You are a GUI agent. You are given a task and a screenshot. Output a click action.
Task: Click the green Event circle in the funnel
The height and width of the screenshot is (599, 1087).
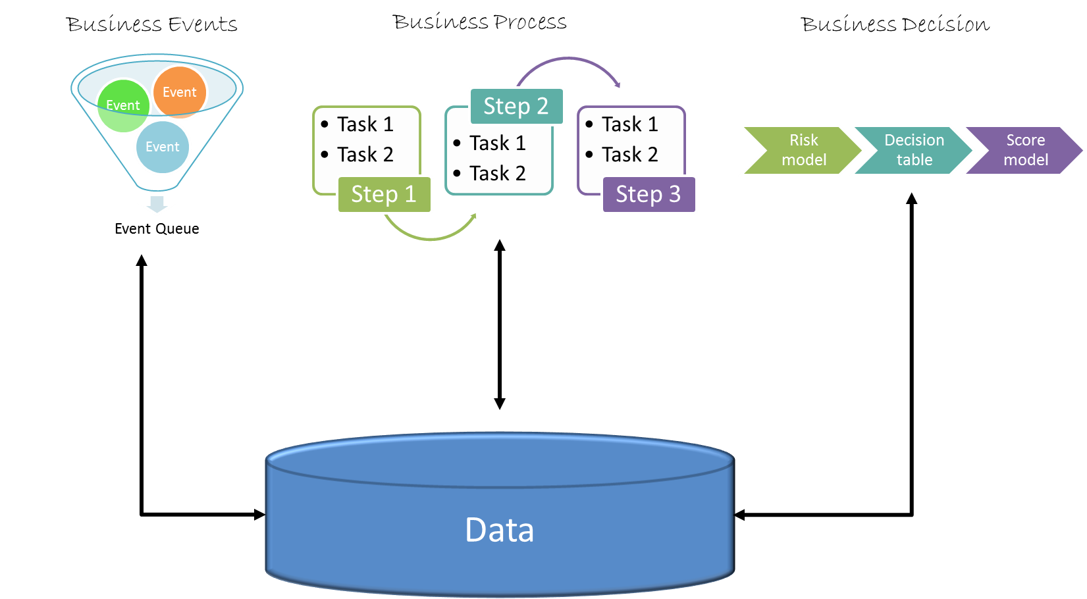123,106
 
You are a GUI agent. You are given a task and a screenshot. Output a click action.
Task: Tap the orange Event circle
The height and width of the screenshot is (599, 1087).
180,92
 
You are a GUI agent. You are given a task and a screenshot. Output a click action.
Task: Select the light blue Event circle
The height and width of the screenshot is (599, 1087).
162,147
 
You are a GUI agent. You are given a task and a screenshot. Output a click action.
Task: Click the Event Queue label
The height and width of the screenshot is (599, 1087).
157,228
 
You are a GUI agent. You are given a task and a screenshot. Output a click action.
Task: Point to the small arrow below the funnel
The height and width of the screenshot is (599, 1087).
157,204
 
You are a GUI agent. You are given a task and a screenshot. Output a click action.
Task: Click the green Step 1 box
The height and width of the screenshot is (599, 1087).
384,194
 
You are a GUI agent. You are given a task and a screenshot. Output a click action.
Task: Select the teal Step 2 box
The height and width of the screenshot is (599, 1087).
516,106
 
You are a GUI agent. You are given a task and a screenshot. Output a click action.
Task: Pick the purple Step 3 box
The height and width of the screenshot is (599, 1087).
649,194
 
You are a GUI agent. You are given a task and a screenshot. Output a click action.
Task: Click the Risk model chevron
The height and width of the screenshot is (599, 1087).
803,150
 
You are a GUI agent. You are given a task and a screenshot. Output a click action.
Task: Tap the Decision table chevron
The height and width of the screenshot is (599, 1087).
913,150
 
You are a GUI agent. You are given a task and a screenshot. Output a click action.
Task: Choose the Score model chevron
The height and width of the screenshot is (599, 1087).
1024,150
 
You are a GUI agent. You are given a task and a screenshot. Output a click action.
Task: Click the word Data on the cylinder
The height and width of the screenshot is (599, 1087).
499,530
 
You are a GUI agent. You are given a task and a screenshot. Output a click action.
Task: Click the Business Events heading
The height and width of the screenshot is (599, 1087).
152,24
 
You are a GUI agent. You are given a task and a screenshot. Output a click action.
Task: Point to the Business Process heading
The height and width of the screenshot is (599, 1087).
479,22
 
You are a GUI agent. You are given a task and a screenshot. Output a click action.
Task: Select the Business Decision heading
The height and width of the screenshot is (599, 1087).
895,24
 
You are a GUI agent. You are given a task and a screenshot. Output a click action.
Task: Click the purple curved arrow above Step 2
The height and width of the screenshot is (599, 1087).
568,59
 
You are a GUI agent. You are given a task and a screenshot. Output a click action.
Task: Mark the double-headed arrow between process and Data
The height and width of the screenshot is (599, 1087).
499,325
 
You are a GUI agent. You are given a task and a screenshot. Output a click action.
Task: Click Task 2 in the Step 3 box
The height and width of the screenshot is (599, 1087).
629,155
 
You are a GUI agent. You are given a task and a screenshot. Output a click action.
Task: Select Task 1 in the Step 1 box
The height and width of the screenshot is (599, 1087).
365,124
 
